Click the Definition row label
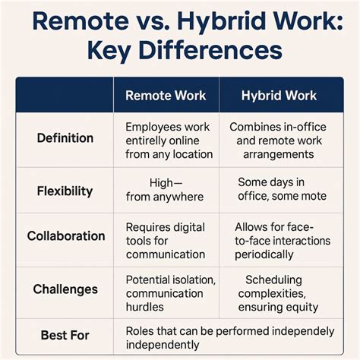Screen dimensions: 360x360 [x=65, y=138]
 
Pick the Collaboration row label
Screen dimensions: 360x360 [x=65, y=236]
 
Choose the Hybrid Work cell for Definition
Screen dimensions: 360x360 [x=282, y=141]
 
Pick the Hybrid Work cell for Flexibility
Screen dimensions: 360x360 [x=282, y=190]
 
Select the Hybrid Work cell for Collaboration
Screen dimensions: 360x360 [x=282, y=240]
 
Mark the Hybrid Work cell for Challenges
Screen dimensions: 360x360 [x=282, y=292]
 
